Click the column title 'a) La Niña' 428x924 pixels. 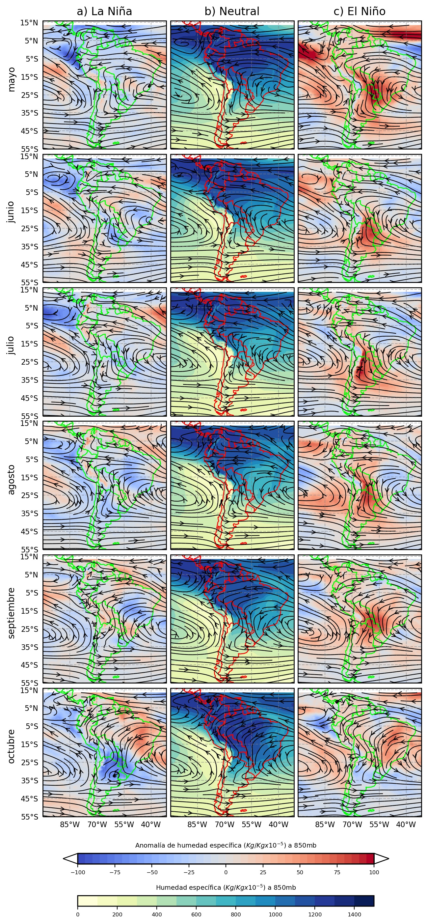tap(104, 12)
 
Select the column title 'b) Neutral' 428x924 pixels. tap(232, 12)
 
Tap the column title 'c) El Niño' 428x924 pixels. tap(360, 12)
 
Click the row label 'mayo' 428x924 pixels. tap(12, 79)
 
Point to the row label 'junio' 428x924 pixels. tap(12, 212)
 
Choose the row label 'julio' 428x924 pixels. tap(12, 346)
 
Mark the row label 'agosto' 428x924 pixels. tap(12, 480)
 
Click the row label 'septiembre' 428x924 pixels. tap(12, 613)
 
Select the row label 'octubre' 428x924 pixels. tap(12, 746)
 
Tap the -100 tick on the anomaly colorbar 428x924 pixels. tap(78, 872)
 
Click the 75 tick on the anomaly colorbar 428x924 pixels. tap(337, 872)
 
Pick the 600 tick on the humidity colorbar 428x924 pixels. tap(196, 914)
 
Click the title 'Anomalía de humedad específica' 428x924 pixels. tap(226, 846)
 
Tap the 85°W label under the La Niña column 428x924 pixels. tap(69, 824)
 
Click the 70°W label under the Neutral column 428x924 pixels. tap(225, 824)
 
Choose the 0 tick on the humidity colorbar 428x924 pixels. tap(78, 914)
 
